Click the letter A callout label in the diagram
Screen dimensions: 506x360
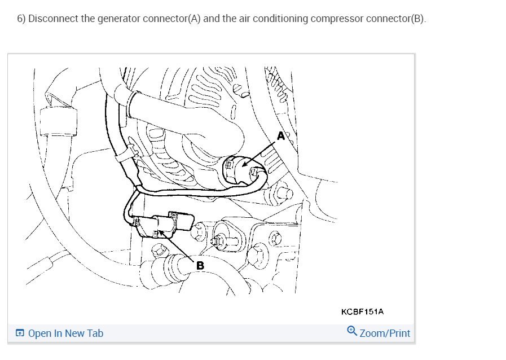coord(281,135)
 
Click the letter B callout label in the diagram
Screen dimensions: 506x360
coord(200,265)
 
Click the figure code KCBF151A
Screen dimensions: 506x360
coord(363,311)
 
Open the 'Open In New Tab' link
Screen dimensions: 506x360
coord(65,333)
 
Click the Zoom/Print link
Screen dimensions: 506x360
coord(385,333)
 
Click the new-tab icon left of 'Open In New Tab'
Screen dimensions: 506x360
coord(20,333)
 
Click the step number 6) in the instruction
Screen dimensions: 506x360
coord(21,19)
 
